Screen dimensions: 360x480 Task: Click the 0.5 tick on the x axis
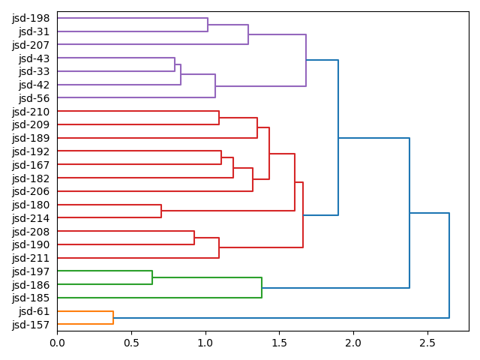click(131, 343)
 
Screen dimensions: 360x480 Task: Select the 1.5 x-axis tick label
click(279, 343)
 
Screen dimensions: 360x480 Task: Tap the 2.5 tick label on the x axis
click(427, 343)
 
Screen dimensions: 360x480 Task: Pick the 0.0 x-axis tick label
click(57, 343)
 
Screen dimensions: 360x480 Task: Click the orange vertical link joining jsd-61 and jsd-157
click(113, 318)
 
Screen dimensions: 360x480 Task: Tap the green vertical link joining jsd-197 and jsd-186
click(152, 278)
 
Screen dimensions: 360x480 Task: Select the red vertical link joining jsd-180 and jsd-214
click(161, 211)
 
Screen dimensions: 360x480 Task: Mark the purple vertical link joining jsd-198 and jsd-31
click(208, 25)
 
